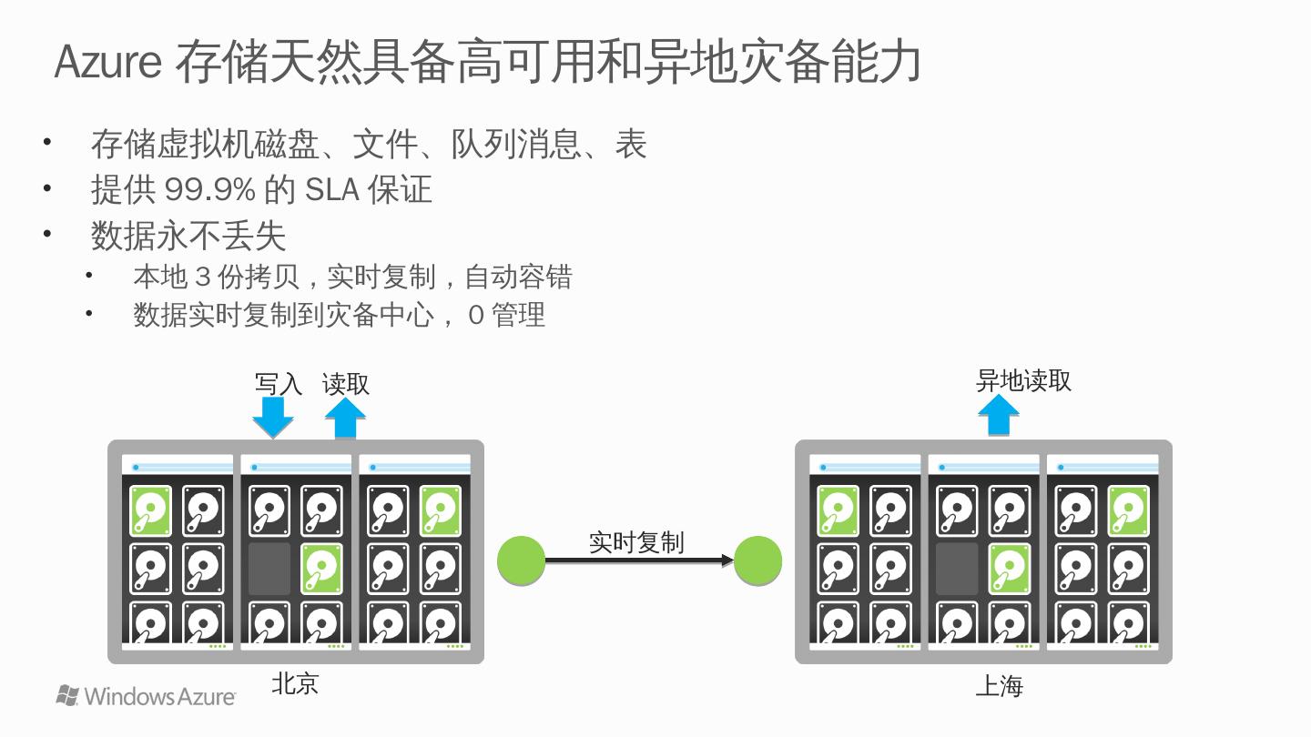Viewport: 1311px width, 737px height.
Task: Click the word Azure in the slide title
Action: point(108,62)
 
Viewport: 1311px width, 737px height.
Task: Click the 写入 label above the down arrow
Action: point(278,384)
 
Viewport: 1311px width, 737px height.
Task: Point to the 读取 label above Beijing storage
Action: point(346,384)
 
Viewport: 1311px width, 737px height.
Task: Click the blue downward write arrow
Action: point(272,418)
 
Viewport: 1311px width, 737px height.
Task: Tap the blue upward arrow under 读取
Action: point(346,419)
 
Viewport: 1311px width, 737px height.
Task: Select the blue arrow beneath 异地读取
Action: point(999,416)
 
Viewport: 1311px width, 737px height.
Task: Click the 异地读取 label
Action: point(1023,380)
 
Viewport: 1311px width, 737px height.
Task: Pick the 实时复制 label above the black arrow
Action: point(636,542)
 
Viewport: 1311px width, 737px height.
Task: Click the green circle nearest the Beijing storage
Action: point(522,560)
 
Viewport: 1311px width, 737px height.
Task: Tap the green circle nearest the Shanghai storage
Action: point(757,560)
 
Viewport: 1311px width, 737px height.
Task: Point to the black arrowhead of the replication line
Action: point(727,560)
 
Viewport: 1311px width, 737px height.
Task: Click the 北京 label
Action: point(295,684)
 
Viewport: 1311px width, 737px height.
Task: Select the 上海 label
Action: point(999,685)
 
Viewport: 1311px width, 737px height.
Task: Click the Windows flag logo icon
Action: point(67,696)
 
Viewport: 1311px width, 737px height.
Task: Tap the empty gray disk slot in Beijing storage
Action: point(269,569)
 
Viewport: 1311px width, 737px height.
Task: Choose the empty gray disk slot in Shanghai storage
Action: point(957,569)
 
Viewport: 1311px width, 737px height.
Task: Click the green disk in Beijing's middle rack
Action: point(322,569)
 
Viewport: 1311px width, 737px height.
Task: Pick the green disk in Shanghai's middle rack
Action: point(1010,569)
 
